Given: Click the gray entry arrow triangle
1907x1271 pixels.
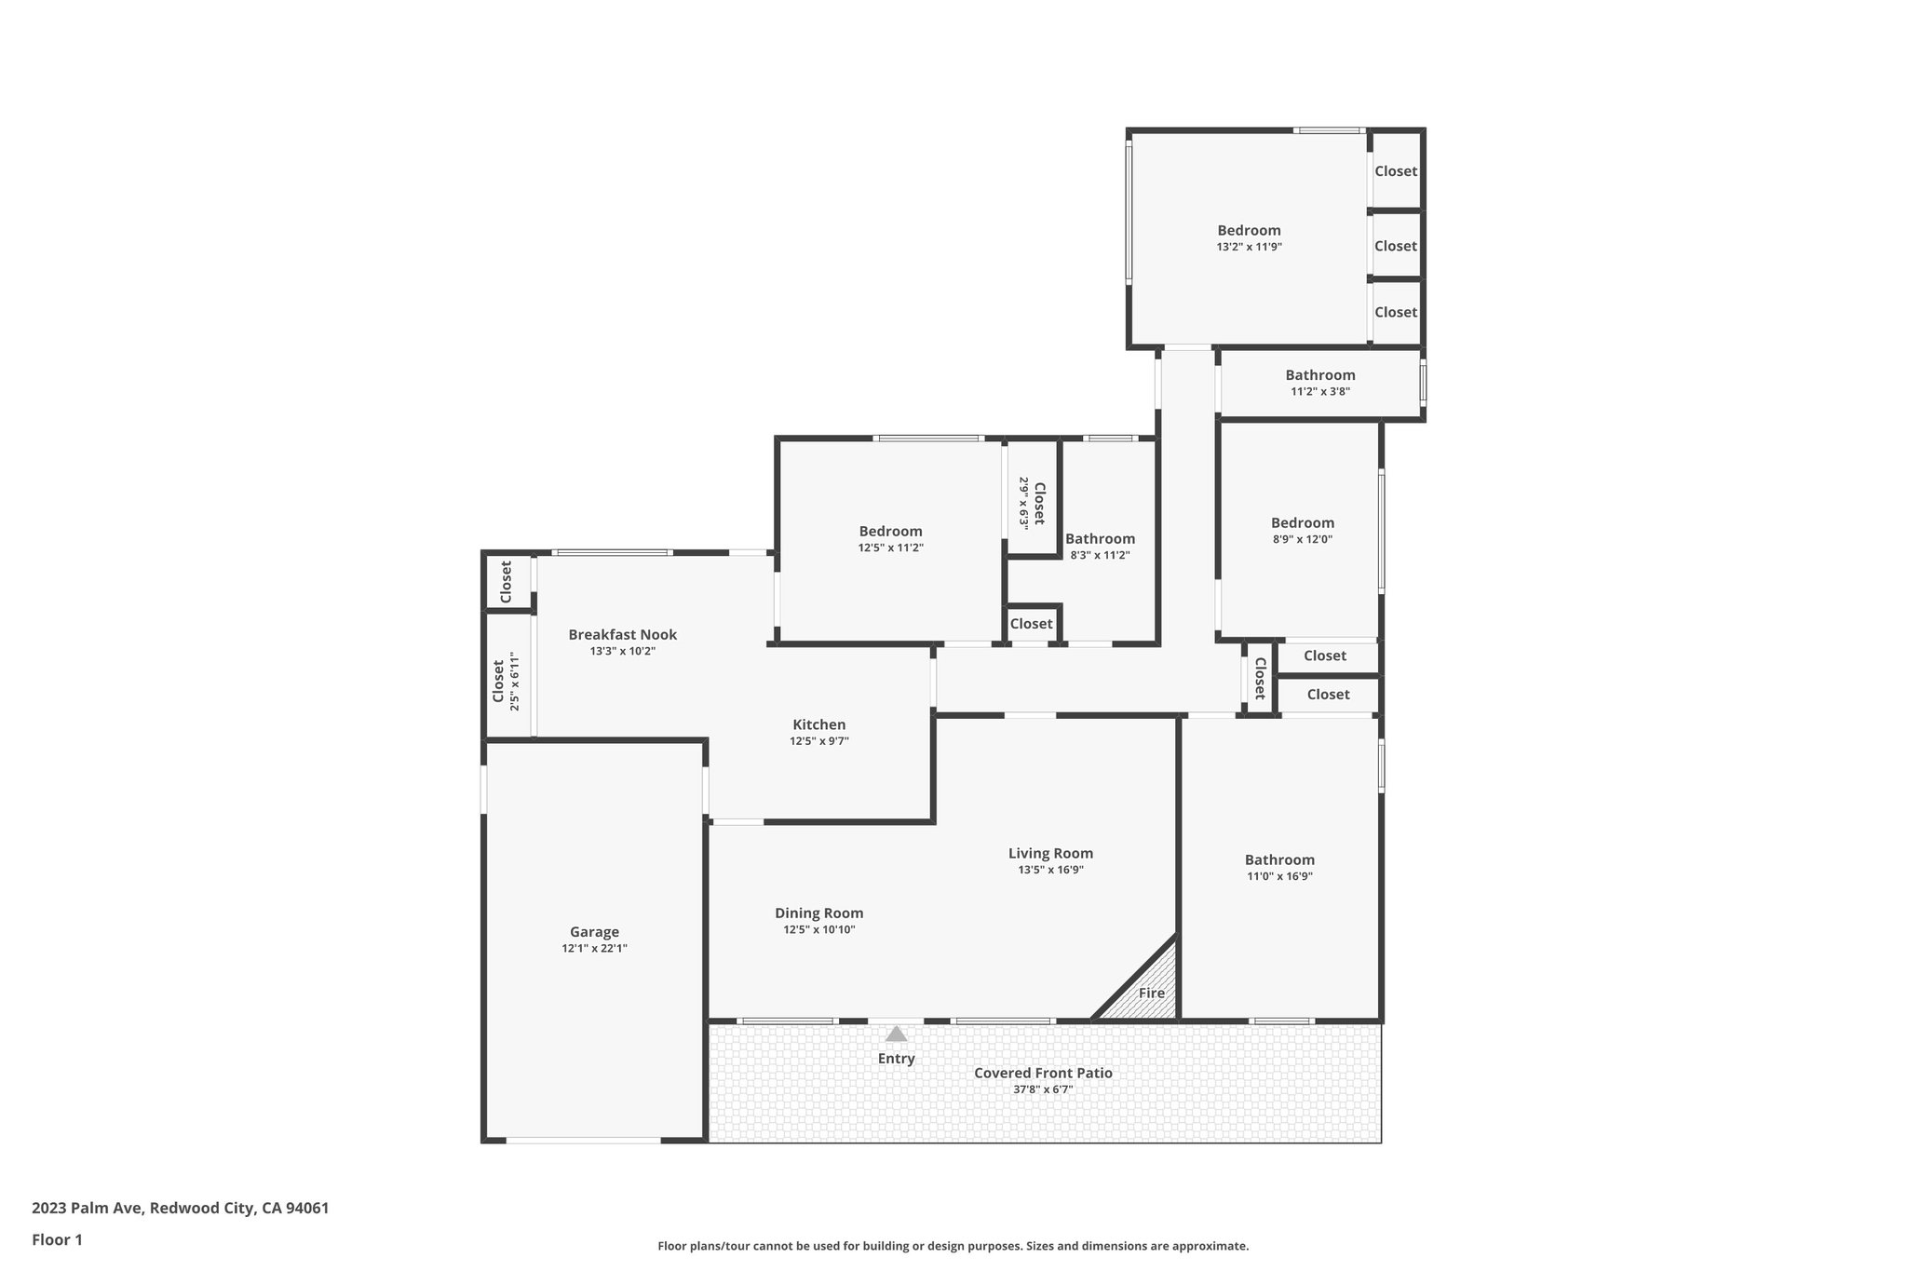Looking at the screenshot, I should pos(896,1034).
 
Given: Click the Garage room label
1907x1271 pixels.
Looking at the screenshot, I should pos(594,932).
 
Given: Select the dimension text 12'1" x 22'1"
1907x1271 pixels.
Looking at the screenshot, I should pos(594,949).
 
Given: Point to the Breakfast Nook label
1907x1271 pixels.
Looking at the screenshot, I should pos(622,635).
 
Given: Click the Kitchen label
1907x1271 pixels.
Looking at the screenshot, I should pos(818,724).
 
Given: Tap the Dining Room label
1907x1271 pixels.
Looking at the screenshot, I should pos(818,913).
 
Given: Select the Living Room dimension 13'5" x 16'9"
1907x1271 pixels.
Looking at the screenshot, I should pos(1050,871).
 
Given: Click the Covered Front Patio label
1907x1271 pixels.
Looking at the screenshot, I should pos(1043,1073).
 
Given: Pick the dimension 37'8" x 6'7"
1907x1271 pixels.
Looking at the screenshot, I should pos(1043,1089).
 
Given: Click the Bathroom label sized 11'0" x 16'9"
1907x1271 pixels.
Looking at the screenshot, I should pos(1279,860).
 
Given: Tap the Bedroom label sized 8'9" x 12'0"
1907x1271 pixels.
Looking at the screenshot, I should pos(1302,523).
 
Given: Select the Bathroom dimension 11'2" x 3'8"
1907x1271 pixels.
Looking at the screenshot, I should pos(1319,392).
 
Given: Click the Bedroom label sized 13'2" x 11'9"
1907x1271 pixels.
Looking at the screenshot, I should pos(1249,231).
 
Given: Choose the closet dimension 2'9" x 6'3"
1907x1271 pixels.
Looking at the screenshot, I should pos(1023,503).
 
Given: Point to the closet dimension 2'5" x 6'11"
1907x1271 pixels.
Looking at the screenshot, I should pos(513,682).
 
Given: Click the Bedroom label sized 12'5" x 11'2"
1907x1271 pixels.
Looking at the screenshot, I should pos(890,532).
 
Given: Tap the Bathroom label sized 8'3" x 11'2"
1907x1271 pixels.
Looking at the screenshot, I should pos(1100,539).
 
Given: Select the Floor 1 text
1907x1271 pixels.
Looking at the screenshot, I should pos(57,1240).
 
